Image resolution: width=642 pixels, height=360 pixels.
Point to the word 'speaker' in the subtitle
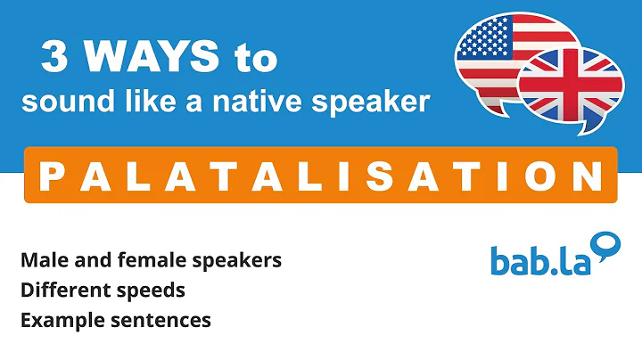point(374,102)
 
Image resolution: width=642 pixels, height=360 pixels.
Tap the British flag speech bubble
point(571,85)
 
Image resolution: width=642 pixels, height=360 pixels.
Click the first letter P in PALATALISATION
point(50,175)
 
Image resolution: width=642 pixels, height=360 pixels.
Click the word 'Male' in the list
point(41,260)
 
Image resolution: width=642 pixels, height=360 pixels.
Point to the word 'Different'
point(60,290)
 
